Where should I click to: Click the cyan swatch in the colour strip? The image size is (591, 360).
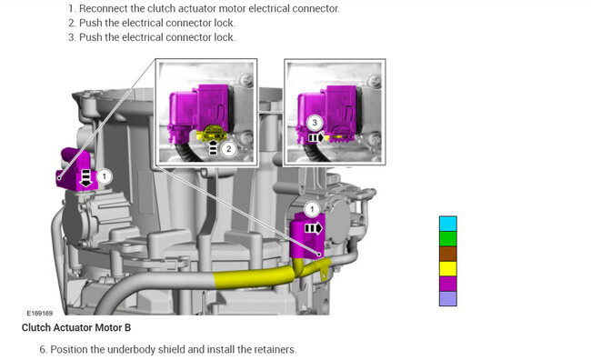coord(447,224)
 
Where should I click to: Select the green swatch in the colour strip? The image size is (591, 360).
coord(447,239)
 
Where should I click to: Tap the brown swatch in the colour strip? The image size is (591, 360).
coord(447,254)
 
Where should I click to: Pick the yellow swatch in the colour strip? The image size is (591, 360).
coord(447,269)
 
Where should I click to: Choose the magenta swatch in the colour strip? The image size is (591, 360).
coord(447,284)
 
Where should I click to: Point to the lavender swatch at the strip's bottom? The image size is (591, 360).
coord(447,298)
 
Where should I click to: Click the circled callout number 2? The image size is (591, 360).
coord(228,149)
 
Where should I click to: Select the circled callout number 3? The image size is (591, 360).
coord(315,122)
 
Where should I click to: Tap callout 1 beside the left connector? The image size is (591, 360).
coord(105,176)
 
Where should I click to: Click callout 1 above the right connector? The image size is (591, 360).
coord(312,209)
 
